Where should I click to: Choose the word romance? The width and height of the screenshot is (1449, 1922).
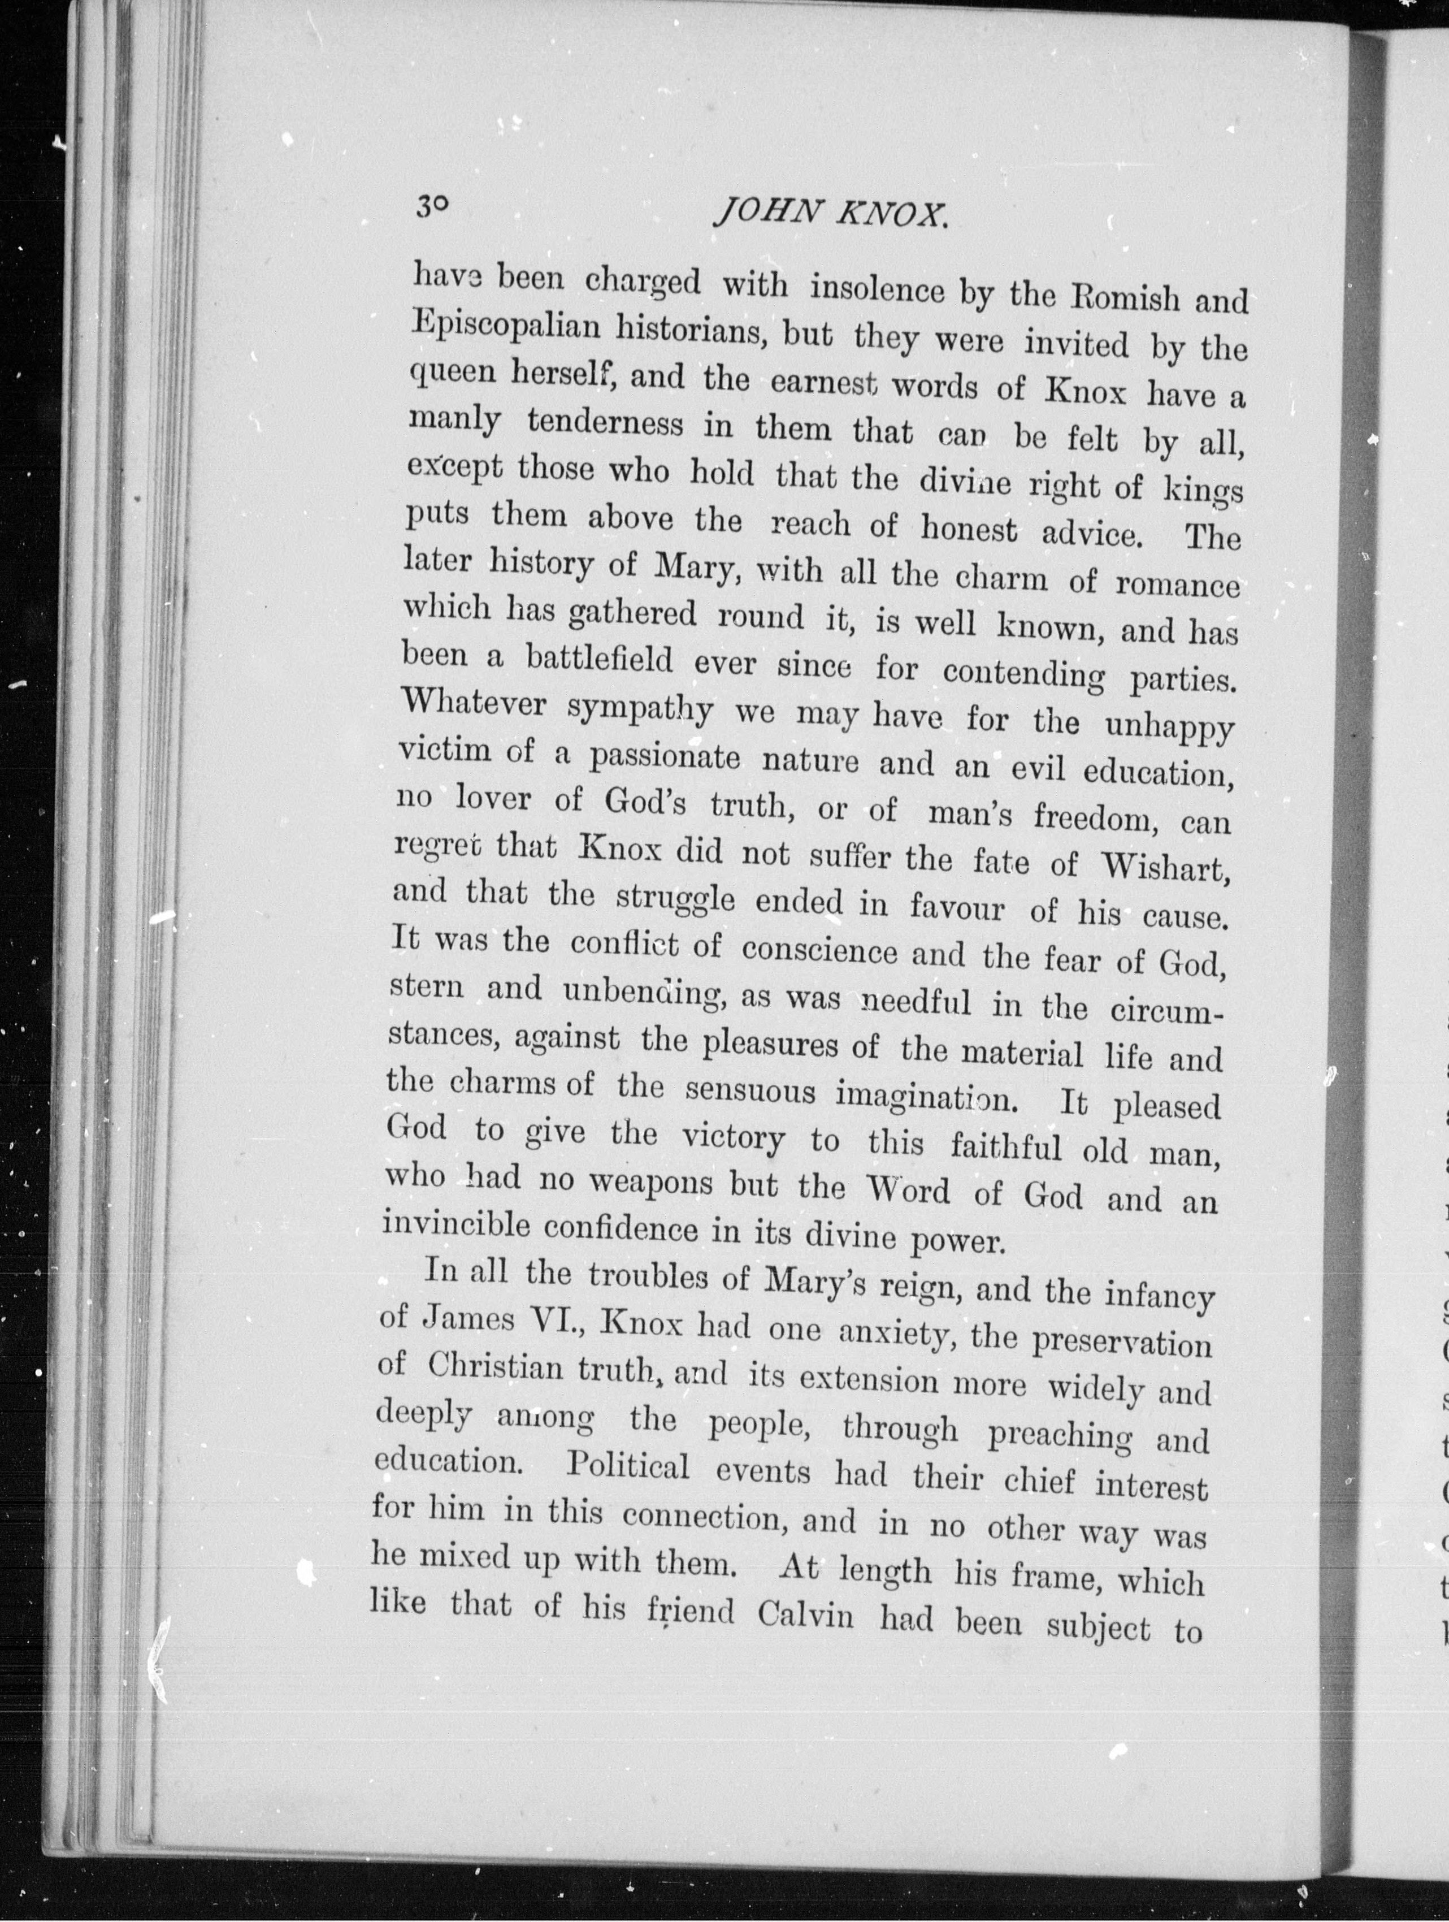point(1178,584)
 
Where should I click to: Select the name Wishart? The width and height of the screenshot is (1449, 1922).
point(1164,865)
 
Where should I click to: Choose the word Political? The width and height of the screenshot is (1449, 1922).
point(628,1468)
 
